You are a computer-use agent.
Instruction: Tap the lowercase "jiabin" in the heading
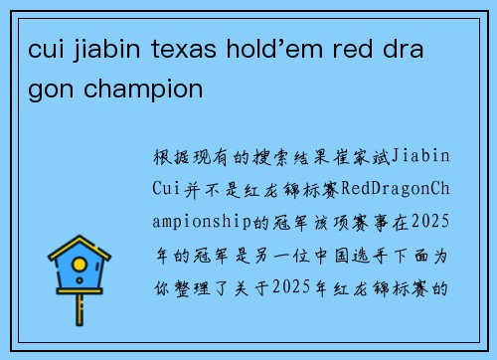click(x=108, y=50)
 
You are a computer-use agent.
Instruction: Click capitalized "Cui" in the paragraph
click(x=168, y=189)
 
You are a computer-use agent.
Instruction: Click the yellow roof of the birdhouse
click(x=80, y=248)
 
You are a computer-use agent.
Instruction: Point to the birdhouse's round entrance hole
click(x=80, y=266)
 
